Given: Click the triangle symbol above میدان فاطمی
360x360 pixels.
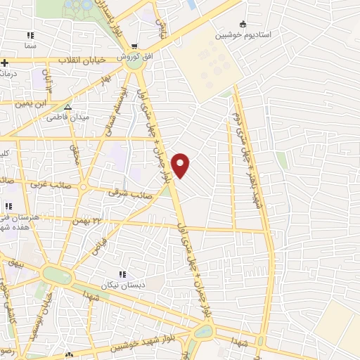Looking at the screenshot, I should coord(67,107).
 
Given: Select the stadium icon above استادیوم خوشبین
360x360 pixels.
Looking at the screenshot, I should coord(243,23).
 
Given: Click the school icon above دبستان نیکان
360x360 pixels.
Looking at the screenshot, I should coord(122,274).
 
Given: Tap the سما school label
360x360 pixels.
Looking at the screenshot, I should coord(30,44).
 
